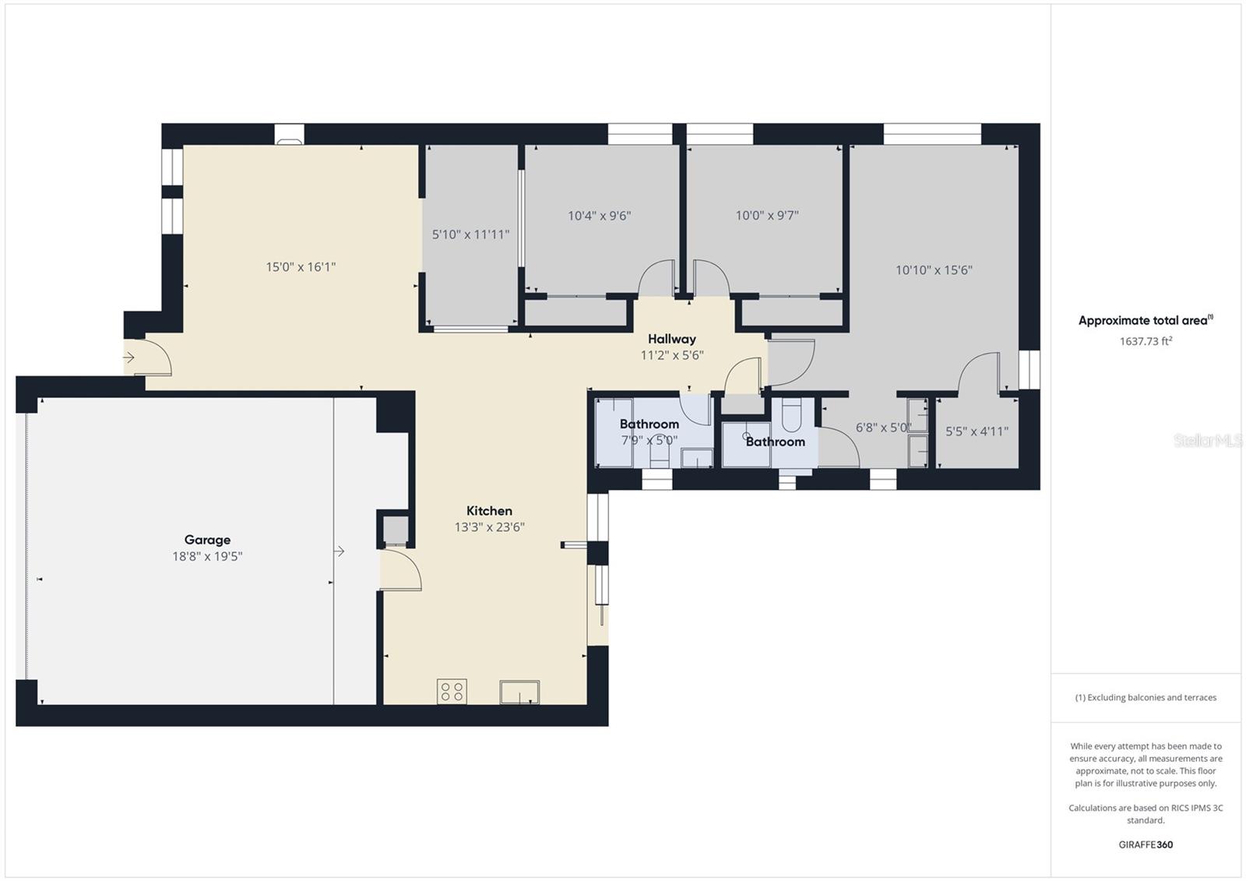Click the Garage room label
pos(207,539)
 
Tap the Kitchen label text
pos(489,511)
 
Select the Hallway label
pos(671,339)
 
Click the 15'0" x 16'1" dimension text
pos(301,267)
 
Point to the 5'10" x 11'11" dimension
pos(470,234)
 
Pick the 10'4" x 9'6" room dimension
pos(599,216)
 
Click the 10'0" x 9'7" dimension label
pos(767,216)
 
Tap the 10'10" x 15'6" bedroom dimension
pos(934,270)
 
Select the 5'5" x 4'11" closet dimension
pos(977,431)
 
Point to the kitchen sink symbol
pos(519,692)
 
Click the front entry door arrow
pos(129,358)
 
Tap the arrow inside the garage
pos(340,552)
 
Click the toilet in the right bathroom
pos(790,415)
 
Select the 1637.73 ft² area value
pos(1146,341)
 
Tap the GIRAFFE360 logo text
pos(1146,844)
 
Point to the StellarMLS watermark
pos(1208,441)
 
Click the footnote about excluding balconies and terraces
pos(1146,697)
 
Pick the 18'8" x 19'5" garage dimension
pos(207,557)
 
